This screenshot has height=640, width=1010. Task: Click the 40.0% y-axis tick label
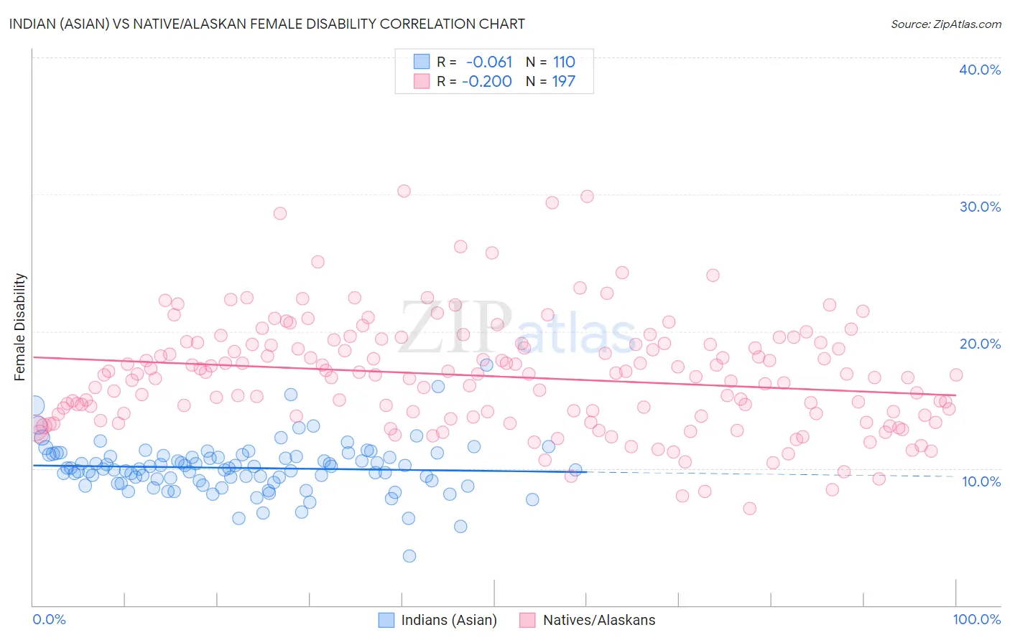click(x=980, y=70)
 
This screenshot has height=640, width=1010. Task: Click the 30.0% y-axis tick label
click(x=980, y=207)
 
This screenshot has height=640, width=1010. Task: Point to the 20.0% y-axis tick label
click(x=980, y=344)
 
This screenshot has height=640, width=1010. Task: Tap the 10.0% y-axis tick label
click(x=981, y=481)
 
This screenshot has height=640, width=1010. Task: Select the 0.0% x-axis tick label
click(x=49, y=619)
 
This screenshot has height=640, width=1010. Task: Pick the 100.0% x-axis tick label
click(x=976, y=619)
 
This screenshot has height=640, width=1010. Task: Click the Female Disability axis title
click(x=20, y=326)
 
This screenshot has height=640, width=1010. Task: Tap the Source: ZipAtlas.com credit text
click(x=945, y=24)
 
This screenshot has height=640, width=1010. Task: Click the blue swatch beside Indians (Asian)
click(x=386, y=620)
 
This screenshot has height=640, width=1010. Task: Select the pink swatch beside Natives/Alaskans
click(x=528, y=620)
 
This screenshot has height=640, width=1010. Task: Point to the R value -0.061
click(x=489, y=62)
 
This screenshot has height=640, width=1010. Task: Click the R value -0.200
click(x=487, y=81)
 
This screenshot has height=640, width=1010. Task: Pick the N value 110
click(x=564, y=62)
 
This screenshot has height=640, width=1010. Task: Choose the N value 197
click(x=564, y=81)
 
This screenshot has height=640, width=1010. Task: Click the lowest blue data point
click(x=409, y=556)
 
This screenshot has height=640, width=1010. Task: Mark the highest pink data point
click(x=404, y=191)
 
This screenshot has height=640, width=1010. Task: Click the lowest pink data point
click(x=749, y=509)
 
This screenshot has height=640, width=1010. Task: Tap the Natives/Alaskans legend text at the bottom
click(x=599, y=620)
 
